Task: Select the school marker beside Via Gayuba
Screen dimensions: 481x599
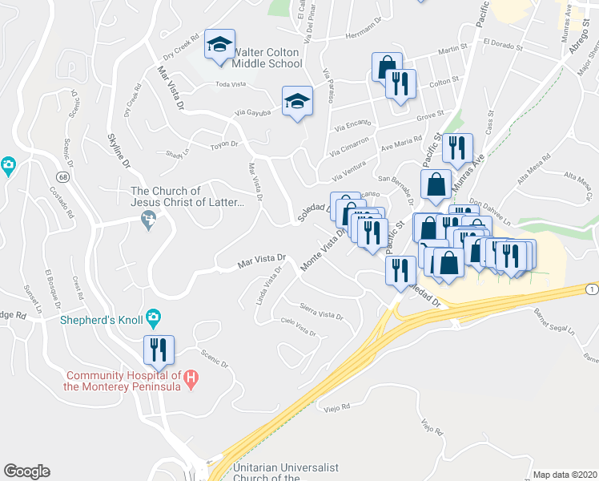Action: pyautogui.click(x=297, y=102)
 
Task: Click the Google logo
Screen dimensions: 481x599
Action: pyautogui.click(x=26, y=471)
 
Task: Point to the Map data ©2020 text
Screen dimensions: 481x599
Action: pyautogui.click(x=565, y=475)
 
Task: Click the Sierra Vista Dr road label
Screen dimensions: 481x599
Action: pyautogui.click(x=320, y=310)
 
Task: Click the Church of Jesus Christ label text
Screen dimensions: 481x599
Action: pyautogui.click(x=187, y=197)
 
